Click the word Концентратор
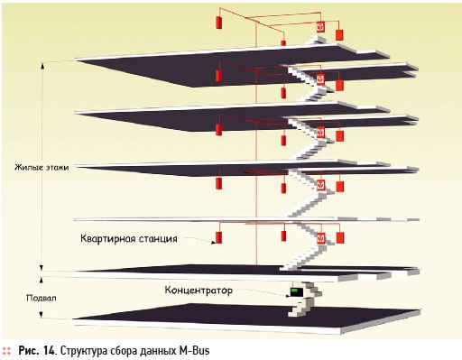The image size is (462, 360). (199, 291)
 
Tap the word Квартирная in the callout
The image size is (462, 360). (107, 239)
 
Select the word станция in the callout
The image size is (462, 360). (158, 239)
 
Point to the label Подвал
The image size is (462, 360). (42, 298)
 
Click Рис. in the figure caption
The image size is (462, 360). (29, 351)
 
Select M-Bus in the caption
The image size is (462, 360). (195, 351)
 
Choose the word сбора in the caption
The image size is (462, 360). (122, 351)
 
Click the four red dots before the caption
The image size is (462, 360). (6, 351)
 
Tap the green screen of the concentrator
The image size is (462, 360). (295, 291)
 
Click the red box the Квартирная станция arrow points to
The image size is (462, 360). (219, 237)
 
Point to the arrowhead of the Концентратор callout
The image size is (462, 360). (287, 296)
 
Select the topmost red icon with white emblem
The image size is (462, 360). (320, 27)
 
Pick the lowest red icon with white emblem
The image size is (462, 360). (321, 238)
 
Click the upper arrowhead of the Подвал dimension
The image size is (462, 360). (42, 281)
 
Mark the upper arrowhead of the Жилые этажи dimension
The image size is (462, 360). (42, 65)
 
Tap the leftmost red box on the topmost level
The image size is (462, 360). (219, 23)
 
